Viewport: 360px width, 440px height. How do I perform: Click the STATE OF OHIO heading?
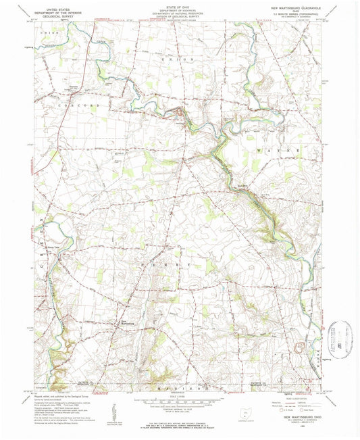pos(180,4)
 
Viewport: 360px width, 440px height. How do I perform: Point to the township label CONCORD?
pos(75,106)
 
